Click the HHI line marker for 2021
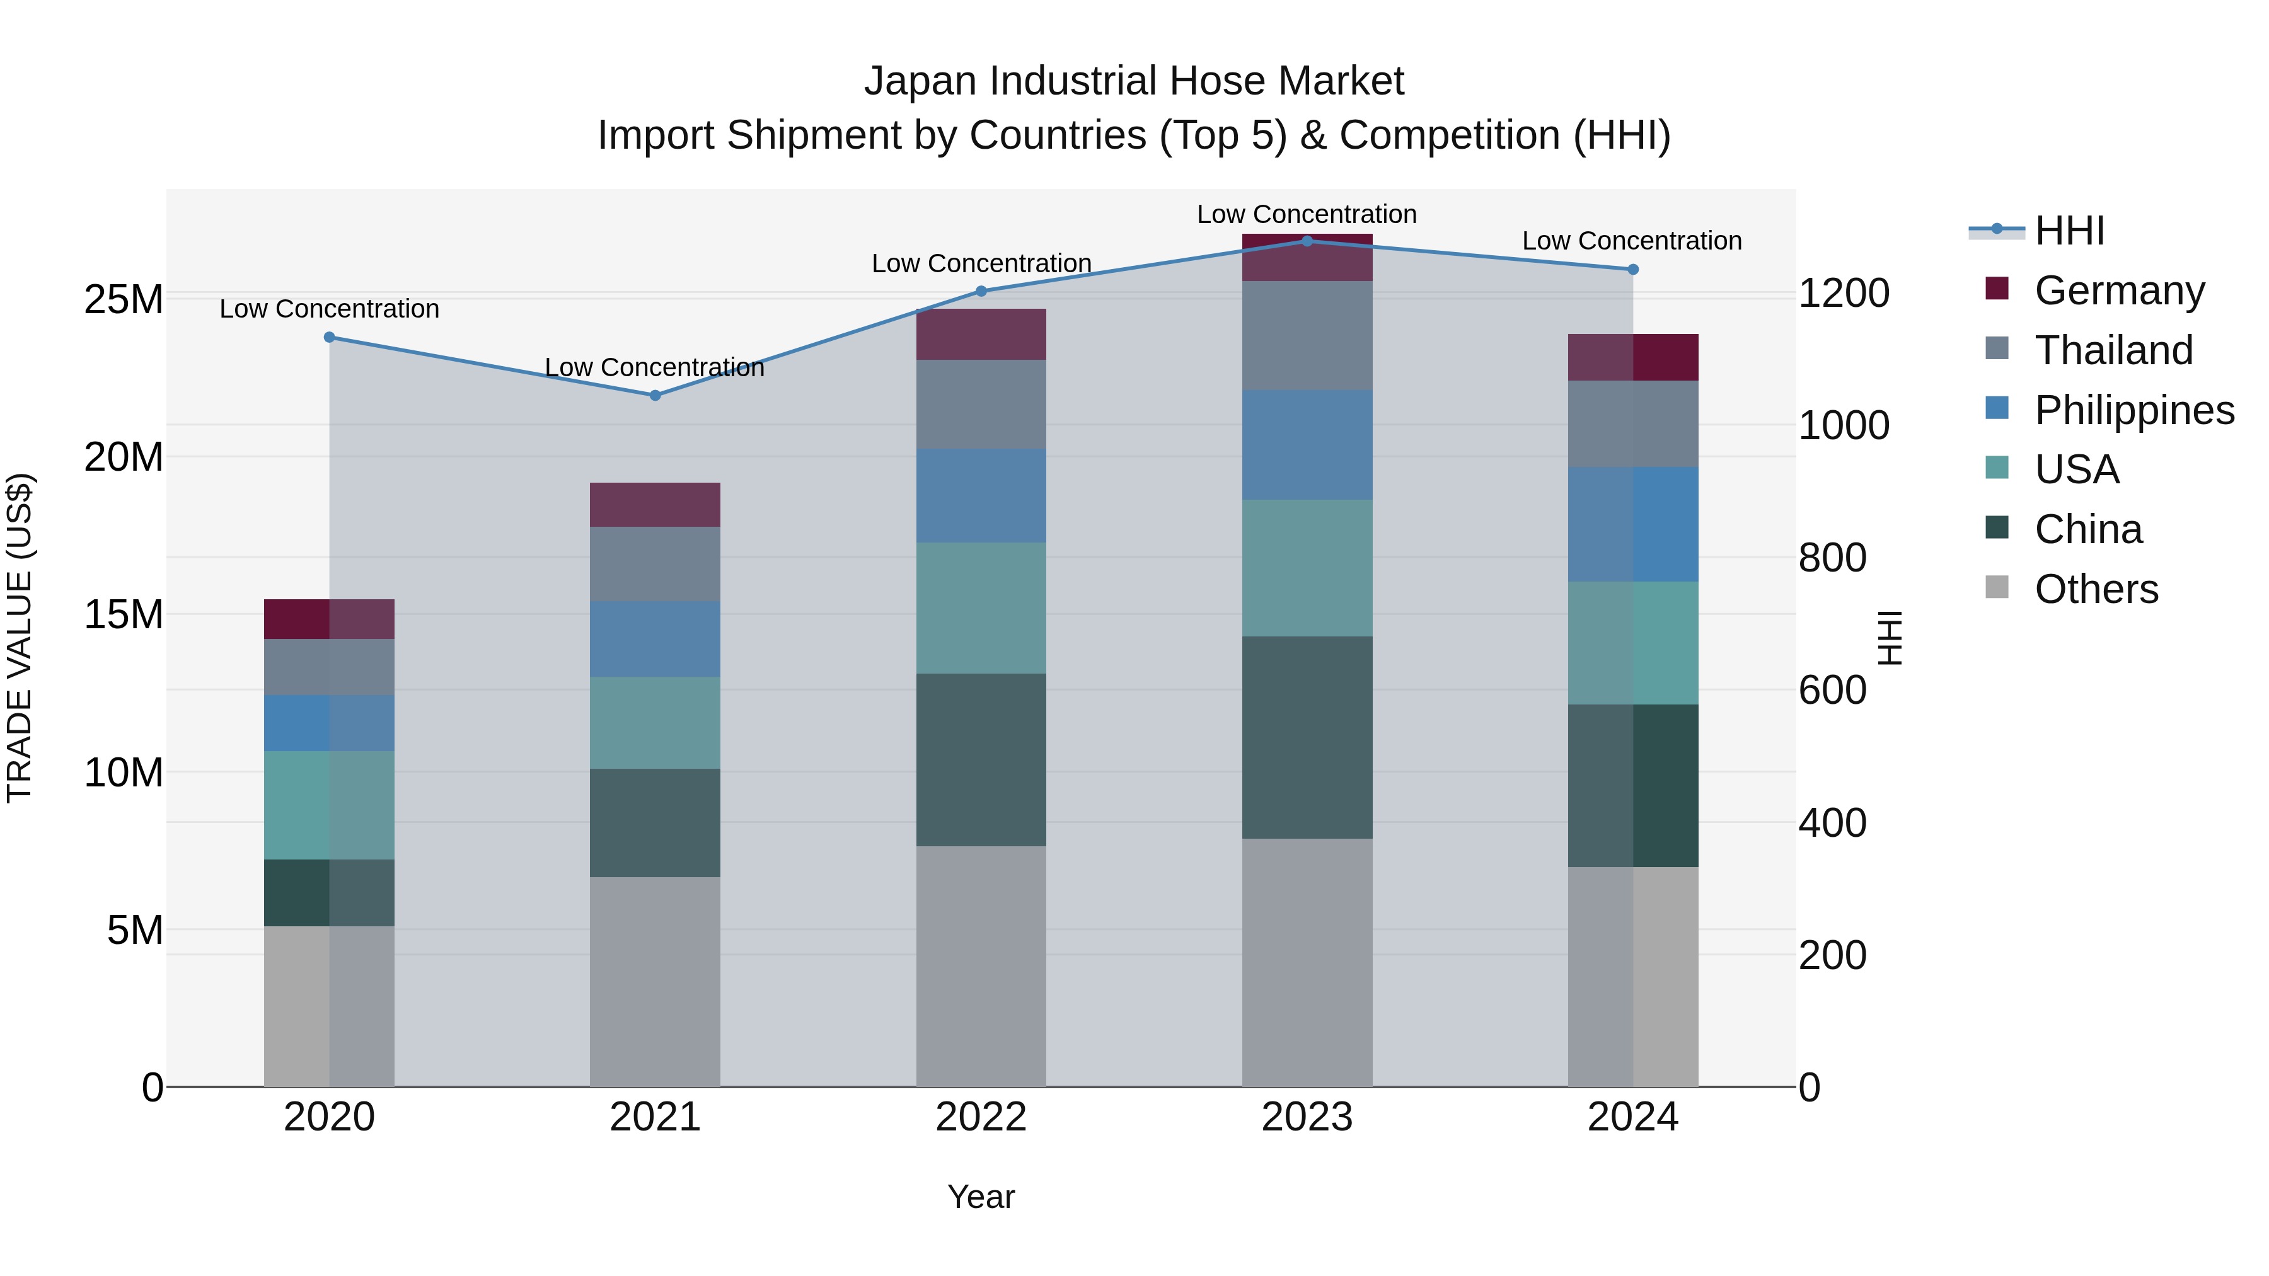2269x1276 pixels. (654, 395)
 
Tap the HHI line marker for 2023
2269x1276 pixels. (1307, 241)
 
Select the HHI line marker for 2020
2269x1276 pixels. (330, 337)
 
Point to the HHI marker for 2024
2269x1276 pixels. (1632, 270)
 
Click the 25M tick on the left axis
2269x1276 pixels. (124, 299)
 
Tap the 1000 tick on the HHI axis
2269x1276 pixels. (1844, 425)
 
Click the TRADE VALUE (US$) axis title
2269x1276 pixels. (20, 638)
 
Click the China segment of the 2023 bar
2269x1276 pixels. (1307, 737)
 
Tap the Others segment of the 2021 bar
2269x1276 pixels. (654, 981)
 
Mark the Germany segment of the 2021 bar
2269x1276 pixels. (654, 505)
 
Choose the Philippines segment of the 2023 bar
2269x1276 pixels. (1307, 445)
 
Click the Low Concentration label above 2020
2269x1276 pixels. (330, 309)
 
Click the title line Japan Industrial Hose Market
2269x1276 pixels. (1134, 81)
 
